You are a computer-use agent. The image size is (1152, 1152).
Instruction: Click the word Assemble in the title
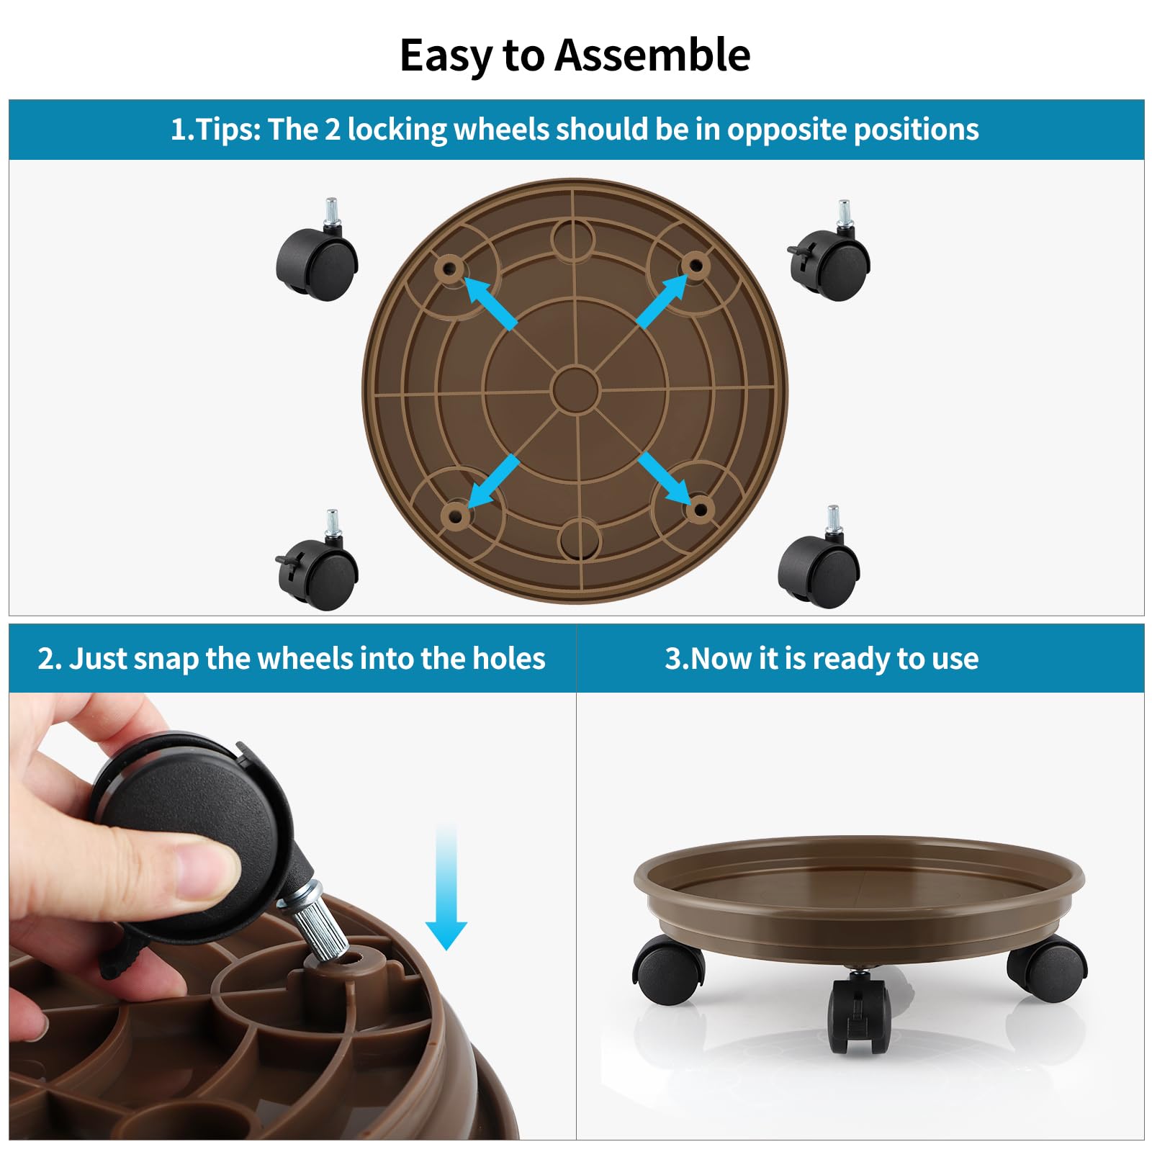click(652, 55)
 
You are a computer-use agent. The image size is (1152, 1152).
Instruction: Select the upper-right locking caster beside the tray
click(830, 252)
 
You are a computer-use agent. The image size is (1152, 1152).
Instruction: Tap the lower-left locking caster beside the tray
click(318, 562)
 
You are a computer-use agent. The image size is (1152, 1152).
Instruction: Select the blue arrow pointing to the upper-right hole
click(662, 301)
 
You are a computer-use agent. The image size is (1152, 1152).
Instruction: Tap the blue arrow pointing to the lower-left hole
click(494, 481)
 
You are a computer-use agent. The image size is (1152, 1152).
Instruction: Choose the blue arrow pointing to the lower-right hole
click(664, 477)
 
